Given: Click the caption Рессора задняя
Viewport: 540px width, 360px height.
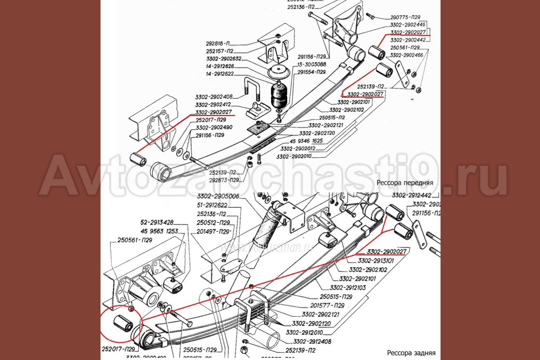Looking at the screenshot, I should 410,353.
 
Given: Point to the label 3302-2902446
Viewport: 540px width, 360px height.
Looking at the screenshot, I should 407,25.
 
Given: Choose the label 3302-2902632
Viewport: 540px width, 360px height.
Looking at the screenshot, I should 224,58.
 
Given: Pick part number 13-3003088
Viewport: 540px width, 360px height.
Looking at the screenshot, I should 310,64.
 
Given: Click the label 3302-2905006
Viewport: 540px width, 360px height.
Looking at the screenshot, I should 218,196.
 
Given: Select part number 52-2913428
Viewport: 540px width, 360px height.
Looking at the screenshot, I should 157,222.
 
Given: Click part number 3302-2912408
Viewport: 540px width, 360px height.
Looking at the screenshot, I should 312,341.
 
